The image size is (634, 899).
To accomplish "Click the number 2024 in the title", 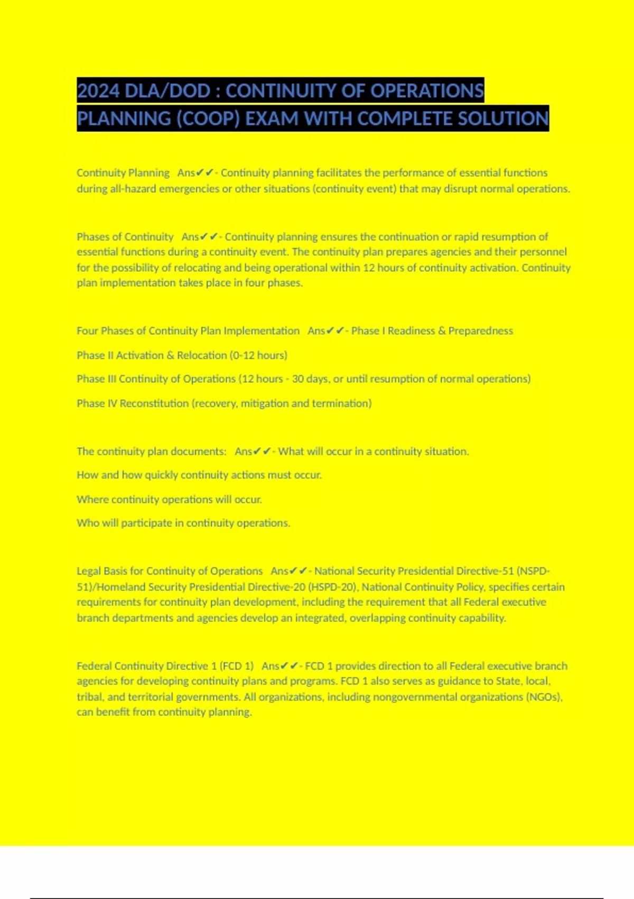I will pos(98,91).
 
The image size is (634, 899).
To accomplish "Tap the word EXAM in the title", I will pos(272,118).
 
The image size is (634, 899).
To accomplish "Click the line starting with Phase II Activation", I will pos(182,355).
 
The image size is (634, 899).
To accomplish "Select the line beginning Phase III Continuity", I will pos(303,379).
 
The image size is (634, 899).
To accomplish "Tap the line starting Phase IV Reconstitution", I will pos(224,403).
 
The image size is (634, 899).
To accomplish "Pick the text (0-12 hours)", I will pos(258,355).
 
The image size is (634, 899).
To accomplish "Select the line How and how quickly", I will pos(199,475).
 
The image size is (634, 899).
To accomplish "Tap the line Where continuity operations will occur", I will pos(169,499).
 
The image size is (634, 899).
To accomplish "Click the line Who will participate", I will pos(183,523).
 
